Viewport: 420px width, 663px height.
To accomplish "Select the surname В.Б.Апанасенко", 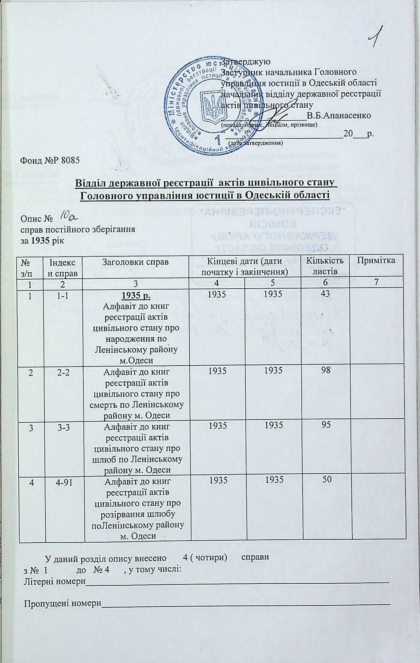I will pyautogui.click(x=338, y=115).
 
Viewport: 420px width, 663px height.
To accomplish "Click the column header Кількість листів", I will pyautogui.click(x=324, y=266).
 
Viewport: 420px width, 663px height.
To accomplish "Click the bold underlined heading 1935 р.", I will pyautogui.click(x=136, y=296).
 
